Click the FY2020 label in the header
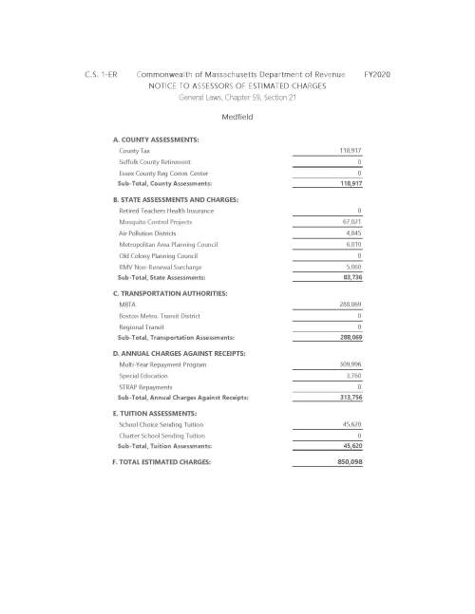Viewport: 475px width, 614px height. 380,73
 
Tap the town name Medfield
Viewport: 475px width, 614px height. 237,117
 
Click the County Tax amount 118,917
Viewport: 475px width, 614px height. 351,152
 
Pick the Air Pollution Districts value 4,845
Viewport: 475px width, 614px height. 355,233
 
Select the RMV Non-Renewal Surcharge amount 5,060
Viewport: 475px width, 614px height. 355,268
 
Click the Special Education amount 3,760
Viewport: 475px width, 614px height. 355,377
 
